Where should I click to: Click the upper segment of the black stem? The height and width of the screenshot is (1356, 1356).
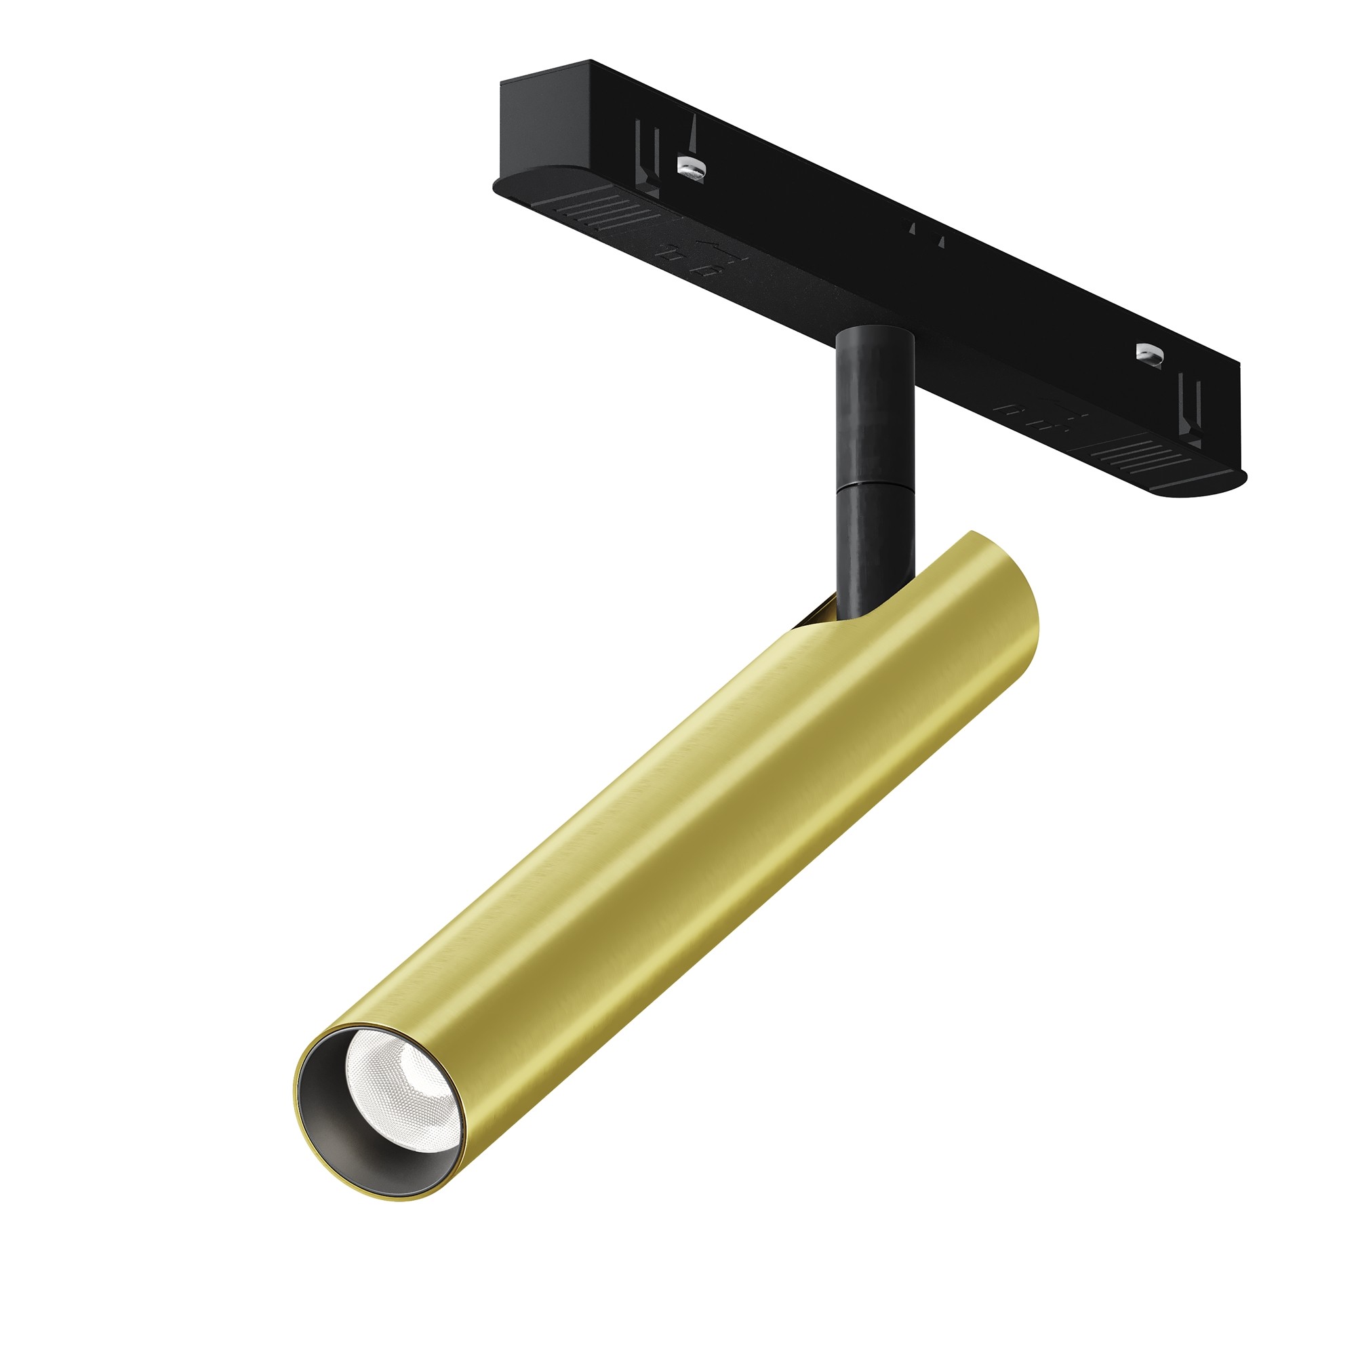[x=874, y=407]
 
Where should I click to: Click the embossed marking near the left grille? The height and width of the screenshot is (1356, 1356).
[x=692, y=260]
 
